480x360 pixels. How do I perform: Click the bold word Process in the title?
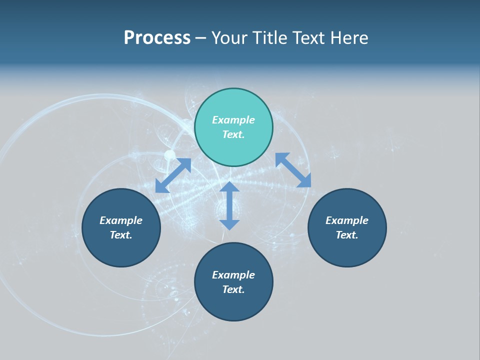157,38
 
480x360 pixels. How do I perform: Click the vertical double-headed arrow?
229,205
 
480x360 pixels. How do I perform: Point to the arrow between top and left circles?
173,175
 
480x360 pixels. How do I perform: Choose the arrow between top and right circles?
293,170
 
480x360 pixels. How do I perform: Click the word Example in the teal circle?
233,120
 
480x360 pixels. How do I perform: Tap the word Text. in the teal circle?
233,134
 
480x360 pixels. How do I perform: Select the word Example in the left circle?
121,220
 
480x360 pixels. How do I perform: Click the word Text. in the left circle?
121,235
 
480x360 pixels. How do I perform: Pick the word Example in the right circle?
347,220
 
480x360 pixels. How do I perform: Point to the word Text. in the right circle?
347,235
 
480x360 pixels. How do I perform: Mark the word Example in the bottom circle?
233,275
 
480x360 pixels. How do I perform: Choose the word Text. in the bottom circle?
233,289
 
